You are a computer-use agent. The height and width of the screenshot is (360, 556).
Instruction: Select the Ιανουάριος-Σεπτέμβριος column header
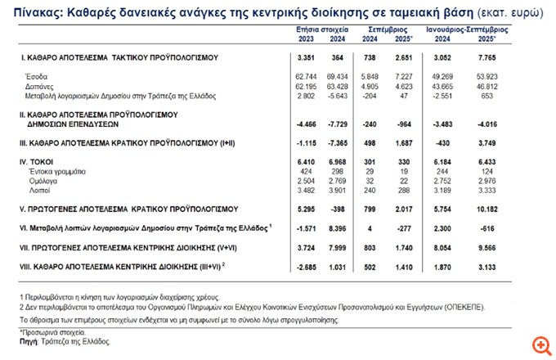pyautogui.click(x=477, y=29)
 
